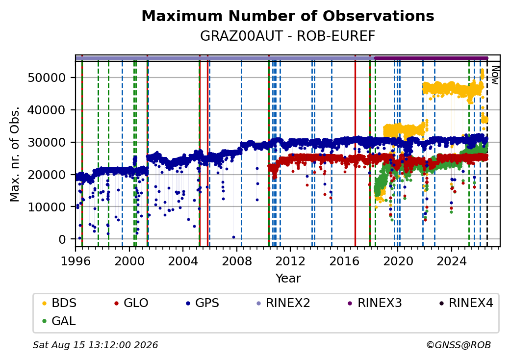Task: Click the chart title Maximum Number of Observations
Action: click(288, 16)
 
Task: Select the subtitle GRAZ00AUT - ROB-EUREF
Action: click(288, 36)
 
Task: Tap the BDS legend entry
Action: click(59, 303)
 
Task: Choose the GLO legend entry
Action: click(131, 303)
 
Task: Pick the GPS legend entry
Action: click(203, 303)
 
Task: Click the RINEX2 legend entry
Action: click(283, 303)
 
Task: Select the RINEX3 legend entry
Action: click(375, 303)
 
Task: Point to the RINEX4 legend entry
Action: click(466, 303)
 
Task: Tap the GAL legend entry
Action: click(59, 321)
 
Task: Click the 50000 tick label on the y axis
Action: click(47, 77)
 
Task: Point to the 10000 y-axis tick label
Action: click(47, 207)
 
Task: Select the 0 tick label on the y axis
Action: click(62, 239)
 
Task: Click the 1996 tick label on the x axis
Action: click(76, 261)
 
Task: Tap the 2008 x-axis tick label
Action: click(237, 261)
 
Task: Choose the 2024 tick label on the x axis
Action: click(452, 261)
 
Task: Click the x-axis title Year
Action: click(288, 279)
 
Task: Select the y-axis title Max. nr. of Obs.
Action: click(15, 154)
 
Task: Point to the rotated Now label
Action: click(495, 75)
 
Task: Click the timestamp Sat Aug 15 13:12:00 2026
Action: click(95, 345)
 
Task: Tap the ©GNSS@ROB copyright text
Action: click(459, 345)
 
